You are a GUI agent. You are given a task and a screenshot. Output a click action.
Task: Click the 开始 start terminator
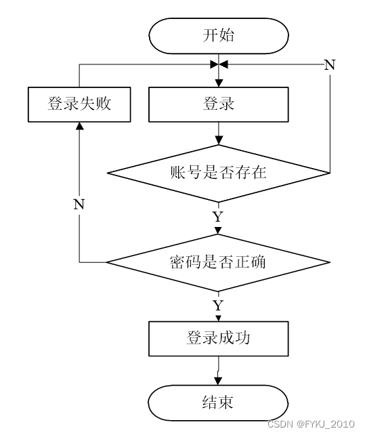tap(219, 36)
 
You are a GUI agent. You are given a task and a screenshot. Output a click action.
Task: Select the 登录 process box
tap(219, 104)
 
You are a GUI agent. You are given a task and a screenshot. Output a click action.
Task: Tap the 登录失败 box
tap(79, 104)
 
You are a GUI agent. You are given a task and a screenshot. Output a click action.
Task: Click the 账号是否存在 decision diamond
tap(219, 173)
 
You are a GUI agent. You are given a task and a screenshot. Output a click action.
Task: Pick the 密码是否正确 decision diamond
tap(219, 262)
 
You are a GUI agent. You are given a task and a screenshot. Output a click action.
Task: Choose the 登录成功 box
tap(219, 339)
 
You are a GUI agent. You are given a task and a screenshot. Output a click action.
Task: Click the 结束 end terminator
tap(218, 403)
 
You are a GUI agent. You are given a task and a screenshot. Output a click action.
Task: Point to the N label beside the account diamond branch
tap(330, 64)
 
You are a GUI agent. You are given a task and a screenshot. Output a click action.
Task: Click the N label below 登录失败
tap(79, 205)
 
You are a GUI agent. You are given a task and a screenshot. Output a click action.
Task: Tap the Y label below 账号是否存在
tap(218, 216)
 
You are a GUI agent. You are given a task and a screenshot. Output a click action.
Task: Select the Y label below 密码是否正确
tap(218, 306)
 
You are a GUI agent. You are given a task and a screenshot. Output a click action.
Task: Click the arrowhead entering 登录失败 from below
tap(80, 125)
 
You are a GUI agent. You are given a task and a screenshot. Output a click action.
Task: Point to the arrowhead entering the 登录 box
tap(219, 83)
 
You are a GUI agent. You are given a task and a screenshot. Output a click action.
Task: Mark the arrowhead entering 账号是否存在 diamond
tap(219, 141)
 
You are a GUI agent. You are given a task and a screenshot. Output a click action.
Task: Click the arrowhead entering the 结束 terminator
tap(218, 381)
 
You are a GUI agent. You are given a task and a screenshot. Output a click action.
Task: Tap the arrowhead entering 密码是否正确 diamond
tap(218, 230)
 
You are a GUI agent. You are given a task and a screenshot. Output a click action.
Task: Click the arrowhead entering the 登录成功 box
tap(218, 318)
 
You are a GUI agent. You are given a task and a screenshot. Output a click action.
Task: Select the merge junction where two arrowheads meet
tap(219, 64)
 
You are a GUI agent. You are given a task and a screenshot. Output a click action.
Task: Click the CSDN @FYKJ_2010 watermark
tap(312, 424)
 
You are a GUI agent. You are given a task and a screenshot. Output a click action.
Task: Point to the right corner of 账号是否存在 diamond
tap(330, 173)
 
